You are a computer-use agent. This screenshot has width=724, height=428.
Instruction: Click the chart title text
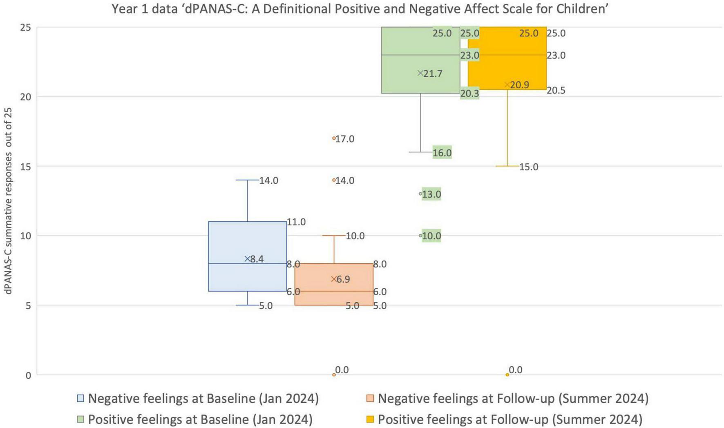click(360, 9)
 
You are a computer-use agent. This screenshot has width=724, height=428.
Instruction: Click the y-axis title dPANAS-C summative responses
click(8, 201)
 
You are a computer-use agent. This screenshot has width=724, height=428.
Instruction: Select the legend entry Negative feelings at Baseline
click(203, 398)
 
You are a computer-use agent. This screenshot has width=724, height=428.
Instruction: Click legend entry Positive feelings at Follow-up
click(509, 419)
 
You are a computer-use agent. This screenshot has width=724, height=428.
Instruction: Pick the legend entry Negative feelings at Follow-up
click(513, 398)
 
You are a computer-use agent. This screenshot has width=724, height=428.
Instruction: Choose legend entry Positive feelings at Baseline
click(200, 419)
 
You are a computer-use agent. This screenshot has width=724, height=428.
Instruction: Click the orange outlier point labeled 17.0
click(334, 138)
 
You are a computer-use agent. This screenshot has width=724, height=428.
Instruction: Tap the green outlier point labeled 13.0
click(420, 194)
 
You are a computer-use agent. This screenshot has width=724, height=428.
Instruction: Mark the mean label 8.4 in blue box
click(257, 259)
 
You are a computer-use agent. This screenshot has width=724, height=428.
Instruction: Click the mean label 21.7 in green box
click(433, 74)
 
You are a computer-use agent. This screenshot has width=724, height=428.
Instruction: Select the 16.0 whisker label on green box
click(442, 153)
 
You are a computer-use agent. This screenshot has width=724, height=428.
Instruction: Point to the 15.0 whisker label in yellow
click(529, 167)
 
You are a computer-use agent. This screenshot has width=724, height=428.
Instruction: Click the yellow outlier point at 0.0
click(507, 374)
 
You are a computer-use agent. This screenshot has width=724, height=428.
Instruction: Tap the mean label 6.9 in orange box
click(343, 279)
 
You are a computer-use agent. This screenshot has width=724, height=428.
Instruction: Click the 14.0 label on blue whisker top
click(268, 181)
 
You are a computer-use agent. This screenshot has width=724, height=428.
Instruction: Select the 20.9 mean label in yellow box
click(519, 85)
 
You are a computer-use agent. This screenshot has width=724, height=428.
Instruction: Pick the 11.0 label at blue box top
click(296, 222)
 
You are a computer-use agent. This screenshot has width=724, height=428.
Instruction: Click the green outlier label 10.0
click(431, 236)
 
